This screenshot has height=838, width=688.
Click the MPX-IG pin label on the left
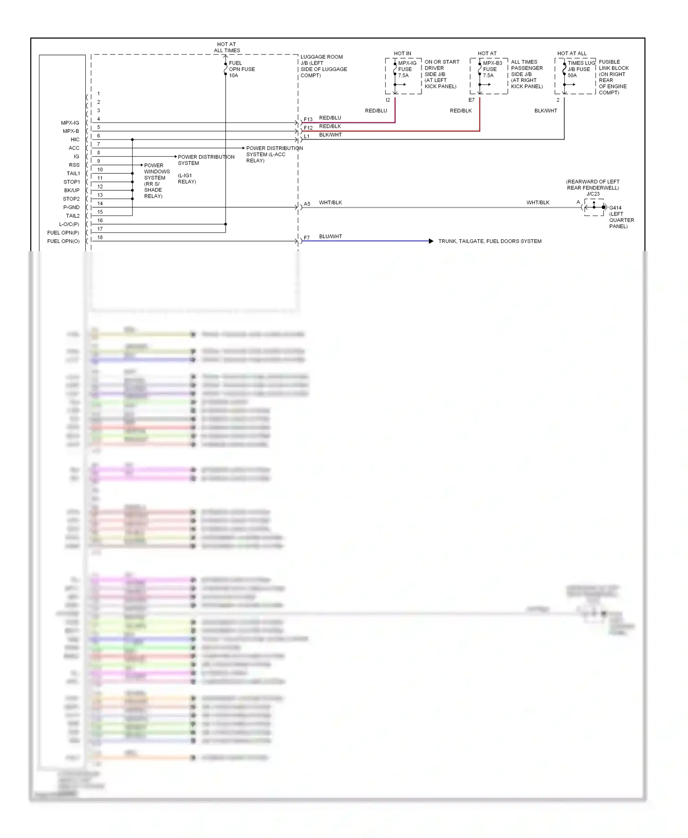(x=70, y=123)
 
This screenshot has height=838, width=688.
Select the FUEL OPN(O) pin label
(x=63, y=241)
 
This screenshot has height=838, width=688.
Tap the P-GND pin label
(x=71, y=207)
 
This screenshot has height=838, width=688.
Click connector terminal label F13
(x=308, y=120)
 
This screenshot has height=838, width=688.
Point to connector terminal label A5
(x=307, y=204)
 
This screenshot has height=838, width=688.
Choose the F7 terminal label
(x=306, y=238)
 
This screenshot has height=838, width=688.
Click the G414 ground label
(x=615, y=208)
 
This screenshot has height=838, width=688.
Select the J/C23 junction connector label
(x=593, y=194)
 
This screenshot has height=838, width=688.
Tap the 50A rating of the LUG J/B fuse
(x=572, y=76)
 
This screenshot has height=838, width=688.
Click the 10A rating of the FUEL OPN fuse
(x=233, y=76)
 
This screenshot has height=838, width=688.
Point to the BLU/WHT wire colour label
(x=330, y=237)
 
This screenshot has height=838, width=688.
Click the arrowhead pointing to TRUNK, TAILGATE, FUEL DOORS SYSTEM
(x=431, y=241)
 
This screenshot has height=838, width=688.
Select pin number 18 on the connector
(x=100, y=237)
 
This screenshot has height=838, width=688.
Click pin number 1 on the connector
(x=98, y=94)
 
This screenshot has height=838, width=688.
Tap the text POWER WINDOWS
(x=156, y=168)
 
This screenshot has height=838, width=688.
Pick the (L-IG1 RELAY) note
(x=187, y=179)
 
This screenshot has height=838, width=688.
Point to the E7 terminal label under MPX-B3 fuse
(x=471, y=100)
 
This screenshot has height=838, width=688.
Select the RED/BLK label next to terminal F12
(x=330, y=126)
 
